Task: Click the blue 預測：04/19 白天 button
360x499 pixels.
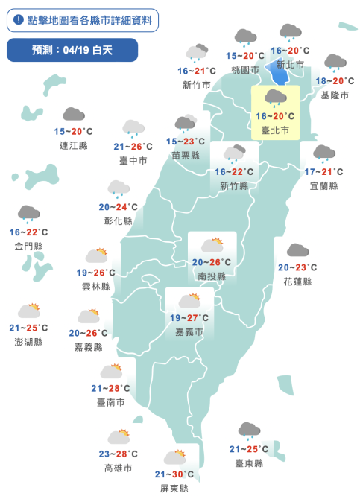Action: (x=72, y=50)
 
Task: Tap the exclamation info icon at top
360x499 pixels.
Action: (x=19, y=20)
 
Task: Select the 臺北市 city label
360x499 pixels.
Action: (x=276, y=130)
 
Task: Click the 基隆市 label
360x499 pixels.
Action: (x=335, y=95)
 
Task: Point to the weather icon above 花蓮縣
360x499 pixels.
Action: (x=297, y=251)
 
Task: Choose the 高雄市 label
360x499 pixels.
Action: (x=119, y=468)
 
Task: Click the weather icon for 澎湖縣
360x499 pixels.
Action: (x=29, y=311)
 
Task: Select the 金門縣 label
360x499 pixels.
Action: (x=28, y=246)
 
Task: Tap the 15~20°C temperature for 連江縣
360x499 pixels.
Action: (x=73, y=131)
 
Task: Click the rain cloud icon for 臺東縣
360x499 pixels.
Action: (x=249, y=430)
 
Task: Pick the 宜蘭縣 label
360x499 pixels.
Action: (x=323, y=185)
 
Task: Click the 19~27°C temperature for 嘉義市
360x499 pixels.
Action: (x=189, y=317)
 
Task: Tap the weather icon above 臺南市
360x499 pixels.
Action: (x=112, y=371)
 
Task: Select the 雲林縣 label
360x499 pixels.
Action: (x=95, y=286)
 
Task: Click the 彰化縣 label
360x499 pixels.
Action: (x=118, y=220)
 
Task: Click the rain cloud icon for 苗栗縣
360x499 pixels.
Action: (x=185, y=124)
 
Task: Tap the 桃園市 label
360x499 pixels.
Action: (x=245, y=69)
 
